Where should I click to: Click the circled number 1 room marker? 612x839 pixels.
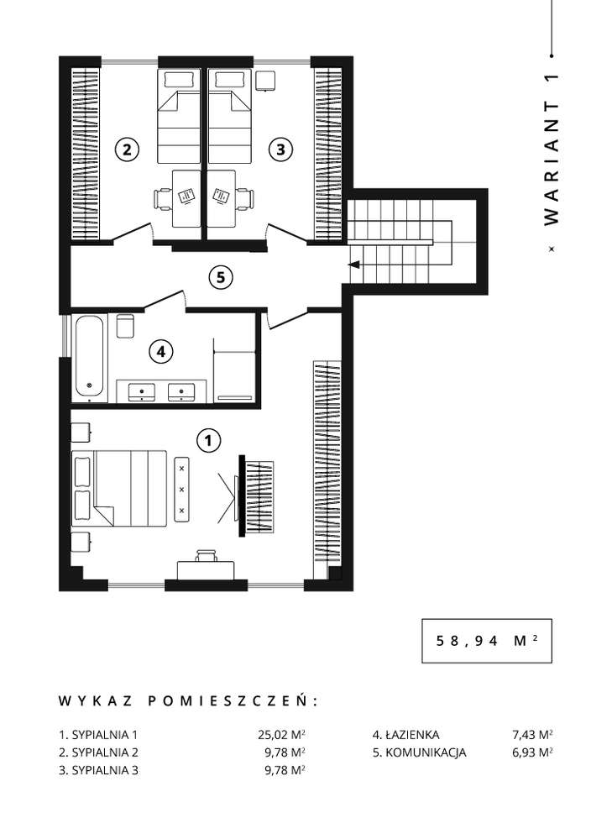[207, 438]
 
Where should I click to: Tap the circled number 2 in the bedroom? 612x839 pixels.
[126, 150]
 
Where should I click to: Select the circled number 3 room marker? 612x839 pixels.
[280, 150]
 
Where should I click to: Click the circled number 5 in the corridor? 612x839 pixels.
[219, 277]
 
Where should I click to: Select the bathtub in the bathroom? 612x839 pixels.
[90, 357]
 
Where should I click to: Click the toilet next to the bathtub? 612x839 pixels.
[125, 325]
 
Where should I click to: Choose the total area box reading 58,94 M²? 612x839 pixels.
[486, 640]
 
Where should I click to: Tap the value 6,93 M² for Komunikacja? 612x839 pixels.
[531, 752]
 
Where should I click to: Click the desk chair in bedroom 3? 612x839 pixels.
[245, 198]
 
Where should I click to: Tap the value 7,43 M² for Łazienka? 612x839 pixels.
[531, 733]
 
